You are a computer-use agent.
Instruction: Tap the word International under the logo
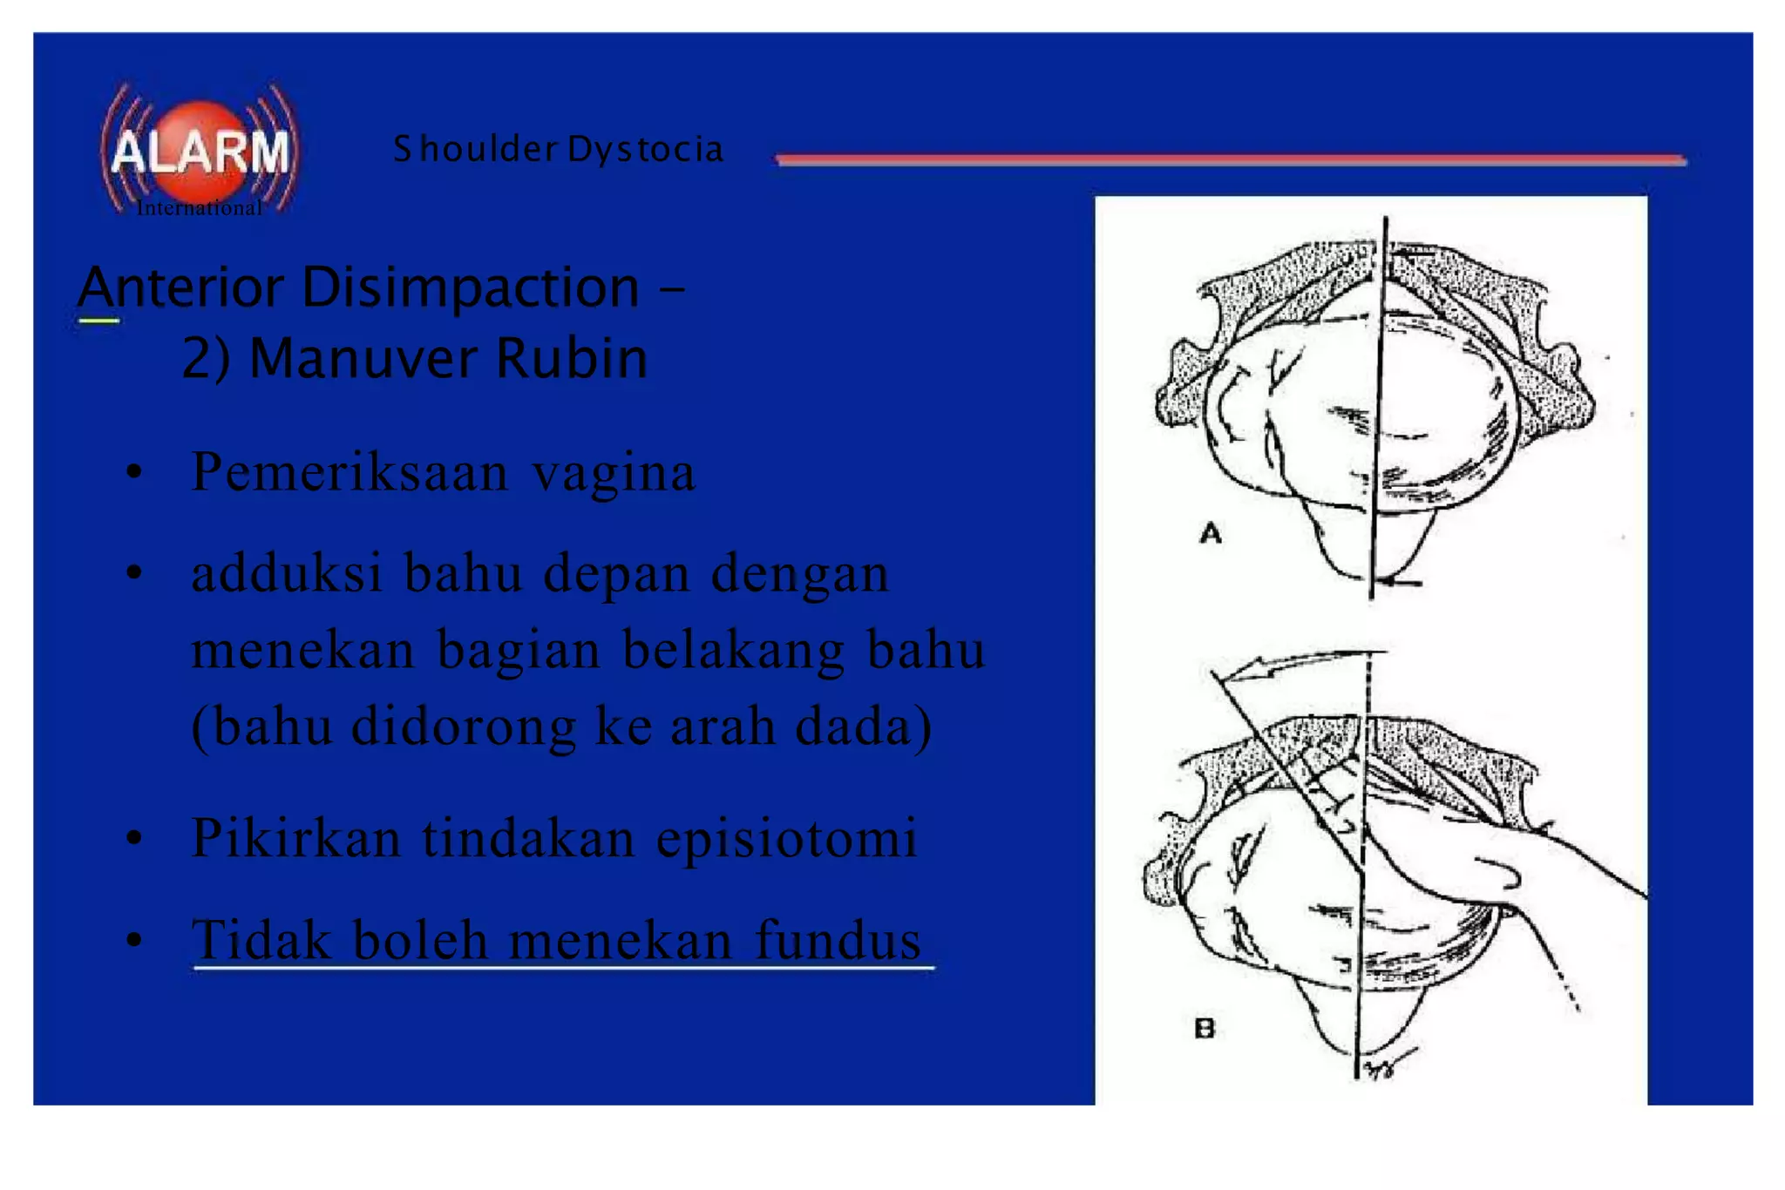point(199,208)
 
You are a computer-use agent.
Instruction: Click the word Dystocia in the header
point(645,150)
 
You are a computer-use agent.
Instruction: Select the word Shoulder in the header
point(475,149)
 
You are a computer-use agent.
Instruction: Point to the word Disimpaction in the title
point(471,287)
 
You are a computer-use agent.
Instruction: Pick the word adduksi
point(288,573)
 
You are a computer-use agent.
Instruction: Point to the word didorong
point(463,726)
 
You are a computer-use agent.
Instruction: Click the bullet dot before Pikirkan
point(134,839)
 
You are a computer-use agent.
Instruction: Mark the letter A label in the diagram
point(1211,532)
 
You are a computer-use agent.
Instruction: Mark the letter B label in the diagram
point(1205,1029)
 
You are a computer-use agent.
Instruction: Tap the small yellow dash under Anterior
point(98,321)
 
